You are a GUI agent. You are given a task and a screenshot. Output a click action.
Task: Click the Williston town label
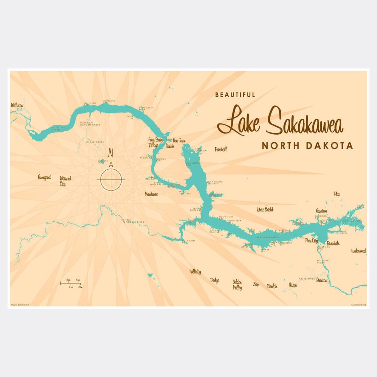(17, 105)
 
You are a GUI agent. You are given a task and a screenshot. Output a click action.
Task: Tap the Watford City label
(65, 181)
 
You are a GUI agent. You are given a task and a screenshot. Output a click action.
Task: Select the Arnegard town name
(44, 177)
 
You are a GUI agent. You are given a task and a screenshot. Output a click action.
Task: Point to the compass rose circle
(111, 180)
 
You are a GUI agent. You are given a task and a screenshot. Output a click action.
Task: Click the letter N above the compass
(111, 153)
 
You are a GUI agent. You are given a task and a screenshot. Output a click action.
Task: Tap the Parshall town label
(221, 149)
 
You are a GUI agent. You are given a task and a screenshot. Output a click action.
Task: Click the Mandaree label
(151, 194)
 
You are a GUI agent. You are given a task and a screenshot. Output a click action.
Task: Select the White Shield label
(265, 209)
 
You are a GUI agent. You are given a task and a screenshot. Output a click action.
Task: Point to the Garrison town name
(321, 211)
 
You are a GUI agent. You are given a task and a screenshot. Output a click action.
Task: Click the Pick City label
(311, 241)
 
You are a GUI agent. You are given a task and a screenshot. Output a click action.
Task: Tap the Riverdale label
(333, 243)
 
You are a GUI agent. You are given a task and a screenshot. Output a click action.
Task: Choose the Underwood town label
(358, 251)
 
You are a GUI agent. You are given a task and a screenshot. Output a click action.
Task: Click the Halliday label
(195, 272)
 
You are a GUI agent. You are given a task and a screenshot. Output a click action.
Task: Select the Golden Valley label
(237, 285)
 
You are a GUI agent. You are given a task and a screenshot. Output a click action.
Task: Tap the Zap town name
(256, 285)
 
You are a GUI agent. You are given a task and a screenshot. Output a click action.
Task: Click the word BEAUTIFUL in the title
(235, 95)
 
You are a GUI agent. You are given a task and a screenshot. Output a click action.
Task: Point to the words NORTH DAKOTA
(307, 146)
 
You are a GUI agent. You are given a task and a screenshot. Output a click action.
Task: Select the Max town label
(337, 194)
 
